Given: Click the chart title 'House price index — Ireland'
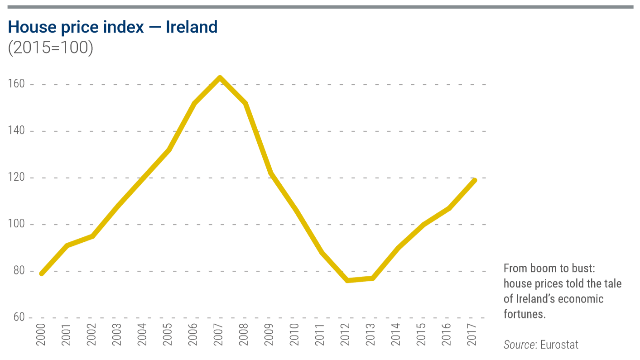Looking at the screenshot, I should pos(113,27).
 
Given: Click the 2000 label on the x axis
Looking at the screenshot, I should pos(42,335).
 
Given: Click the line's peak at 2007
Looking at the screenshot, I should pos(220,77).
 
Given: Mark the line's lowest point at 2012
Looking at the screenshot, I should pos(347,281).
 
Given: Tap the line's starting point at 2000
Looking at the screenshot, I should pos(42,274).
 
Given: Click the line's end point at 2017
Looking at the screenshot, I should pos(475,180).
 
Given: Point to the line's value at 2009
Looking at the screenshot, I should pos(271,173).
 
